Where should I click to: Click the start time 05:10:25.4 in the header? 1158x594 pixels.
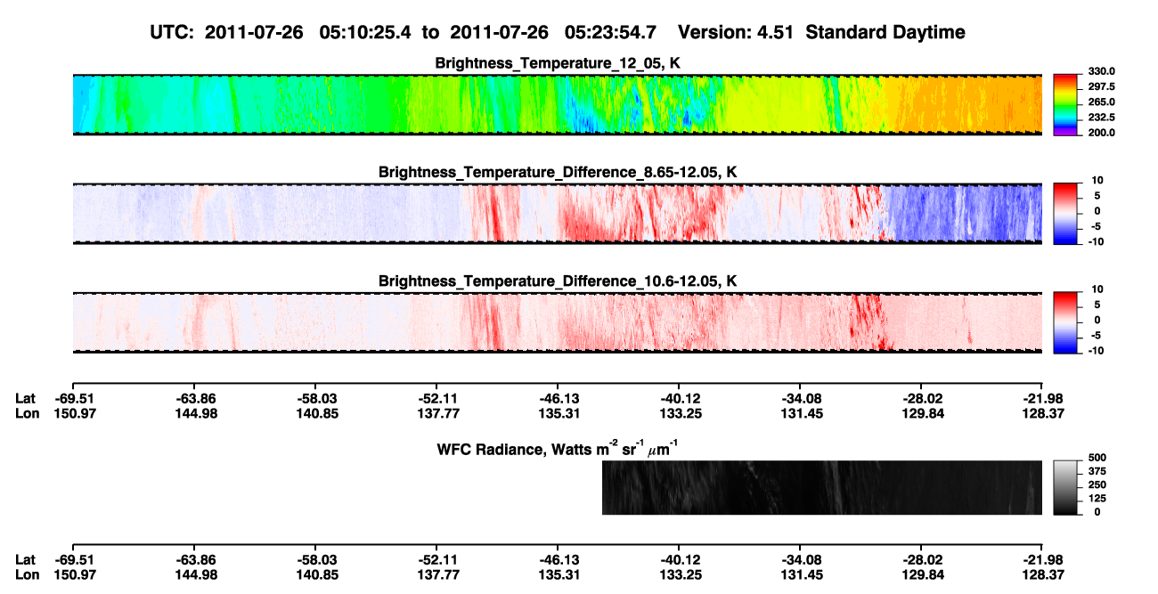364,33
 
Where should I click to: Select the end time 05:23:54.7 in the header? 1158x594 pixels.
610,33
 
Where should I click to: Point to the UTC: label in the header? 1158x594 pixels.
172,33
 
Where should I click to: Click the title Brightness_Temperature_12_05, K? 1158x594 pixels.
558,63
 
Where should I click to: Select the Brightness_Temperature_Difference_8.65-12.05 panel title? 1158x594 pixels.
558,172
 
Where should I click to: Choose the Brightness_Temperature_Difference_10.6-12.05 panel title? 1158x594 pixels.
558,281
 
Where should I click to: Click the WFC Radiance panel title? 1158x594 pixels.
558,449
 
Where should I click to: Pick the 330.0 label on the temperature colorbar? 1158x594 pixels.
1101,71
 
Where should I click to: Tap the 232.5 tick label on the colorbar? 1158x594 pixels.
1101,118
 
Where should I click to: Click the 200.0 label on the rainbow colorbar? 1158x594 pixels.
1101,133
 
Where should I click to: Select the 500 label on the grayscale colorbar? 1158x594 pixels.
1097,458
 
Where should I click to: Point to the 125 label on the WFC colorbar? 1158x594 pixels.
1097,499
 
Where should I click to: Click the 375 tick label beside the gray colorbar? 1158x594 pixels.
1097,471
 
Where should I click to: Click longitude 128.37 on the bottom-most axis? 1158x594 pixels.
1043,575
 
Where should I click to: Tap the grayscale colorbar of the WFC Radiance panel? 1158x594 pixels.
1065,487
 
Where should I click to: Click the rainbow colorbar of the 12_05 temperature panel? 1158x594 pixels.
1065,105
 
